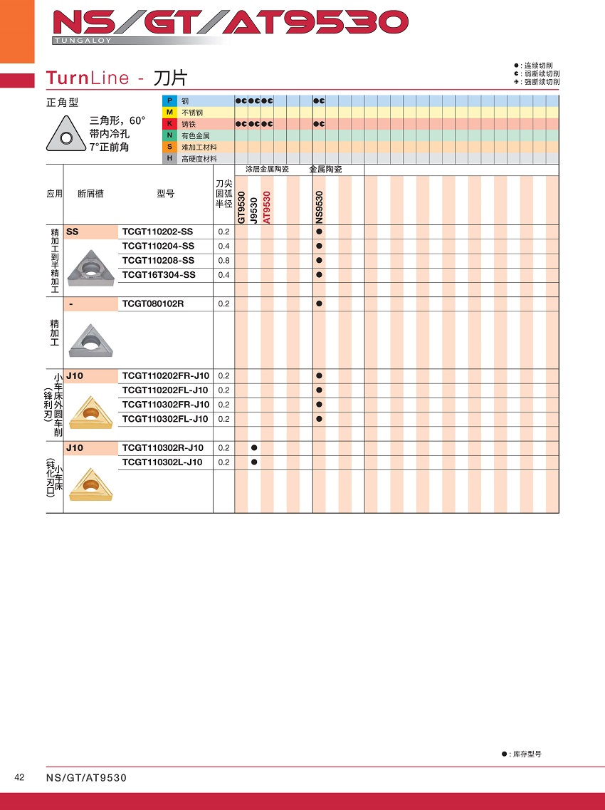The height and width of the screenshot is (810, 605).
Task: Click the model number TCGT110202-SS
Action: click(157, 232)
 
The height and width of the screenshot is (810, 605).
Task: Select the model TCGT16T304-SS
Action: click(158, 275)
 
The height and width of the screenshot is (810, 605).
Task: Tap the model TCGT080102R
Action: click(153, 303)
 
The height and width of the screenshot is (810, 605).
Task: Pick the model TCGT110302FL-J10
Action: click(165, 419)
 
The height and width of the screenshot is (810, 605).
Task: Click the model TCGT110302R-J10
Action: click(163, 447)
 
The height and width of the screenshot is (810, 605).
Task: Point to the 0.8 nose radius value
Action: click(223, 261)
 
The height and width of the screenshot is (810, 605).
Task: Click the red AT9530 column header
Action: click(267, 207)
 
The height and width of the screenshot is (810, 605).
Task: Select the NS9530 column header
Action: click(319, 207)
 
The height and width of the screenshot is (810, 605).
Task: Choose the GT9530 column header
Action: click(241, 207)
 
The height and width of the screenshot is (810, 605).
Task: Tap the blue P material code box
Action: click(169, 101)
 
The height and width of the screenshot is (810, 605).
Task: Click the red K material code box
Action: click(169, 124)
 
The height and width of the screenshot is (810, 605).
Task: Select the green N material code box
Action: click(169, 135)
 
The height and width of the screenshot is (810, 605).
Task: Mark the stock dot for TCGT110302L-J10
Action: click(254, 462)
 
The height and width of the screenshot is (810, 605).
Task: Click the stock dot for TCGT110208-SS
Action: click(319, 261)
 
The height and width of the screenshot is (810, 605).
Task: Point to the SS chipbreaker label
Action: click(73, 232)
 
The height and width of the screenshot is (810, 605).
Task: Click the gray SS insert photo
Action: click(90, 266)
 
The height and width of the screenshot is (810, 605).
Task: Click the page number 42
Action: click(20, 777)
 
